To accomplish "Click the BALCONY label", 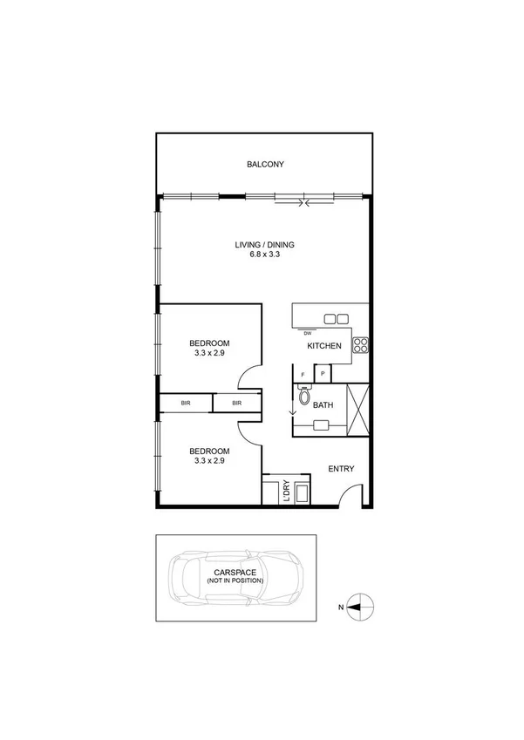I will (265, 164).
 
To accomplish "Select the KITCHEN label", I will (323, 347).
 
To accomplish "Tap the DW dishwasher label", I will (307, 333).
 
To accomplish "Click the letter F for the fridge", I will (303, 374).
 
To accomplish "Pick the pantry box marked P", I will (322, 374).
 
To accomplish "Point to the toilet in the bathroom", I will (303, 397).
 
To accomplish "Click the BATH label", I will (323, 405).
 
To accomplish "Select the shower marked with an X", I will (358, 410).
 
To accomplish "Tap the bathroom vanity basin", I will (322, 425).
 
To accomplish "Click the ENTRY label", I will (340, 469).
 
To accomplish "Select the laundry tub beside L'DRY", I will (301, 493).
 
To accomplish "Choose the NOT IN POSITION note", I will (234, 580).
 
